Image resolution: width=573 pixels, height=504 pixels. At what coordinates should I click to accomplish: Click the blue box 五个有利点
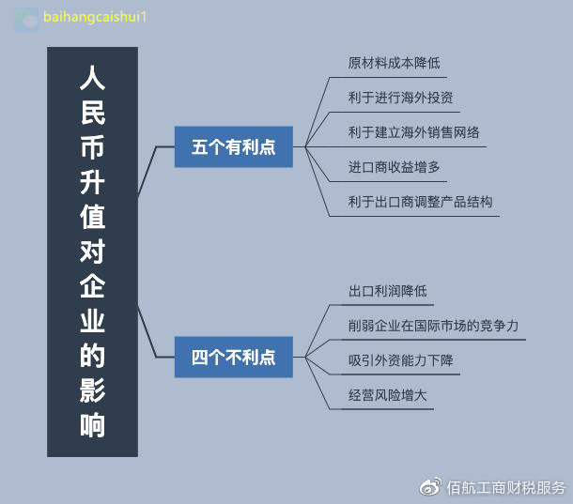[x=234, y=146]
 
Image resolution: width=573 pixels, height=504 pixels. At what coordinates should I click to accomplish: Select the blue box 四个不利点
[x=234, y=357]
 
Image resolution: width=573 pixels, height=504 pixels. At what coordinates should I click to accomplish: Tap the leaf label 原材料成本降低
[x=394, y=63]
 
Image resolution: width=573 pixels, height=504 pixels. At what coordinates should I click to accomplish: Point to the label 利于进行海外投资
[x=400, y=98]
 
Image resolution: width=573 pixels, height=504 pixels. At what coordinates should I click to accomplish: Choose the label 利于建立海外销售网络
[x=413, y=132]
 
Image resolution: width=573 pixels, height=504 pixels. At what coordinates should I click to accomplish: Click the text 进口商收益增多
[x=394, y=167]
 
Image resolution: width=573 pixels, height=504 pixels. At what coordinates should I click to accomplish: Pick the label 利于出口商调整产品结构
[x=420, y=202]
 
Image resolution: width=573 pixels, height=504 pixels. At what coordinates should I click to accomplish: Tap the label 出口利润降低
[x=387, y=291]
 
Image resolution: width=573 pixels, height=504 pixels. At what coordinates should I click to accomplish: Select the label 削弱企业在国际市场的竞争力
[x=433, y=326]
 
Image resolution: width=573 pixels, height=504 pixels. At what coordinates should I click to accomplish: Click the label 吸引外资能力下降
[x=400, y=360]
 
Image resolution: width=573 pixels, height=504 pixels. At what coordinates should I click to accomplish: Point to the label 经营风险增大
[x=387, y=395]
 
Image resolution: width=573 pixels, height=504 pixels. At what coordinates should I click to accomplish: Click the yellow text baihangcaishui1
[x=95, y=17]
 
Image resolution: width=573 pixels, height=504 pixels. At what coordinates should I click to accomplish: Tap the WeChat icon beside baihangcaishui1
[x=26, y=20]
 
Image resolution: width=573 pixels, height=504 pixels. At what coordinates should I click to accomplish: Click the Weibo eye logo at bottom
[x=430, y=487]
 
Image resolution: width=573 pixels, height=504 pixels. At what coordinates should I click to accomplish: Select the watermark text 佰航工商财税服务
[x=506, y=487]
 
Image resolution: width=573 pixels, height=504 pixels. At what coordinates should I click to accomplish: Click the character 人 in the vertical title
[x=92, y=78]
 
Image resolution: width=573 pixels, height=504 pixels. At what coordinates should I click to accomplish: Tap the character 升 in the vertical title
[x=92, y=182]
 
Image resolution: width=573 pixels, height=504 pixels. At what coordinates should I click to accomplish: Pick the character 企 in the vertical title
[x=92, y=286]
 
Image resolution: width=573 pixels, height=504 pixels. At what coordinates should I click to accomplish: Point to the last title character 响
[x=92, y=425]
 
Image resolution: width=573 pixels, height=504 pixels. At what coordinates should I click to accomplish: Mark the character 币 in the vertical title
[x=92, y=147]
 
